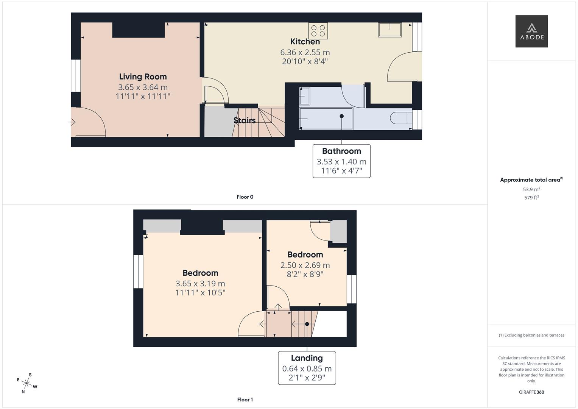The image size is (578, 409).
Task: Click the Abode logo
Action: point(531,31)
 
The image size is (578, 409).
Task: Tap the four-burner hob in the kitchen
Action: point(318,31)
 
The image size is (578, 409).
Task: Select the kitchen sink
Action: point(389,30)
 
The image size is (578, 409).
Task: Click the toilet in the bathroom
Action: point(400,118)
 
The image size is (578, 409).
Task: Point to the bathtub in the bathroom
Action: point(326,119)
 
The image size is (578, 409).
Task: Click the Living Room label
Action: point(143,76)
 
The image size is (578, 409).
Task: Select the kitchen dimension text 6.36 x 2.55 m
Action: point(305,52)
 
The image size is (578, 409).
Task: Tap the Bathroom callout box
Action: point(341,161)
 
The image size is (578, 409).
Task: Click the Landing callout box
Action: point(307,368)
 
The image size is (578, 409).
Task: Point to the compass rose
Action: point(27,383)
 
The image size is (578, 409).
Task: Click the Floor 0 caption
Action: point(245,197)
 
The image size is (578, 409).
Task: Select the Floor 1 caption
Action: point(245,400)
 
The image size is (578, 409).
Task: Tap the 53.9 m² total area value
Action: point(531,189)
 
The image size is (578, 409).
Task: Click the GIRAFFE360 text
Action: point(531,392)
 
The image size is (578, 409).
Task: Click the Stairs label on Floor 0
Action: point(244,120)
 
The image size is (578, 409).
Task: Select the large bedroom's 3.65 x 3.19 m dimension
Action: point(200,283)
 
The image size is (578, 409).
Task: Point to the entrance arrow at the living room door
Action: point(72,122)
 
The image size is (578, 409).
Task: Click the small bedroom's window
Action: point(351,289)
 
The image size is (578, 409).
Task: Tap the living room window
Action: point(76,75)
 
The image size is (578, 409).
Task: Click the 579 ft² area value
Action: point(531,198)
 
